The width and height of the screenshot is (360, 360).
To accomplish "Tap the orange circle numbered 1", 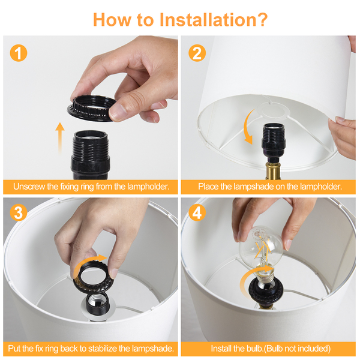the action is [x=19, y=53].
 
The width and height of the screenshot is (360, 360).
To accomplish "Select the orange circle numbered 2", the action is [x=197, y=53].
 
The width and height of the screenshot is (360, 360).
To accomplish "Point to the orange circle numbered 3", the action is [x=19, y=212].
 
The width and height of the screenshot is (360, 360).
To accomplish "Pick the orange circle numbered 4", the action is [x=197, y=212].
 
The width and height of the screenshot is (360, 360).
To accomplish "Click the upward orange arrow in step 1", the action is [x=60, y=138].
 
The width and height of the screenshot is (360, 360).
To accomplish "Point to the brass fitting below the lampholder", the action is [x=272, y=170].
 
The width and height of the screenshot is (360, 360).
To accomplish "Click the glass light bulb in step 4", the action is [x=262, y=253].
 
